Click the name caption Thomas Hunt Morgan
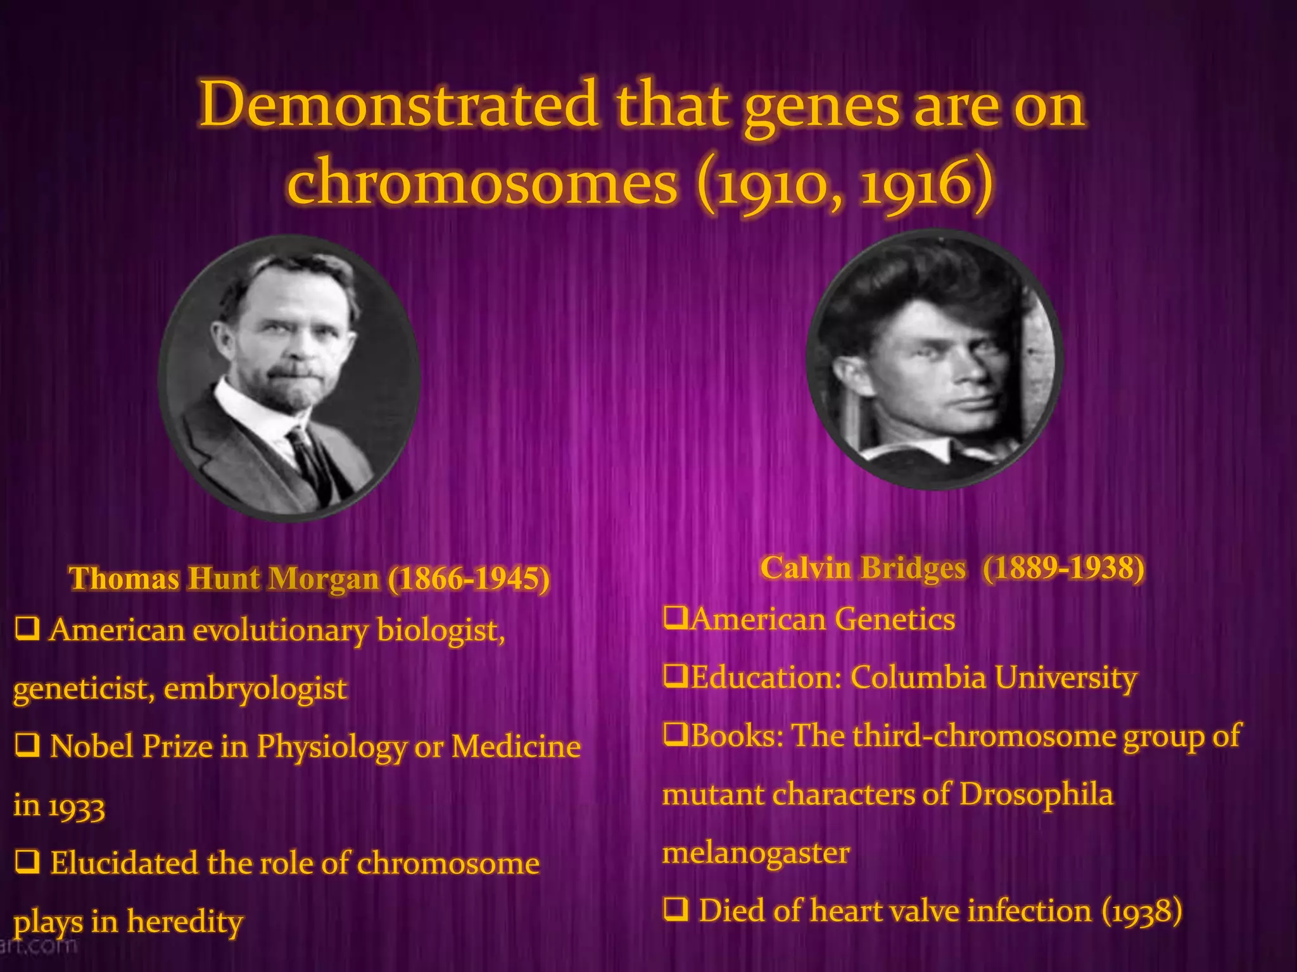tap(224, 578)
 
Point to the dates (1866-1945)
tap(469, 578)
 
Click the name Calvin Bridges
tap(863, 568)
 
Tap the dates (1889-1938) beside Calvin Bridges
tap(1064, 568)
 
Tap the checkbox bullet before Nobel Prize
tap(27, 746)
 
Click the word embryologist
tap(255, 688)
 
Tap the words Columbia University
tap(993, 677)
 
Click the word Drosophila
tap(1035, 794)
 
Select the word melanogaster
tap(756, 852)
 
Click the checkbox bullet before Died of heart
tap(676, 910)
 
